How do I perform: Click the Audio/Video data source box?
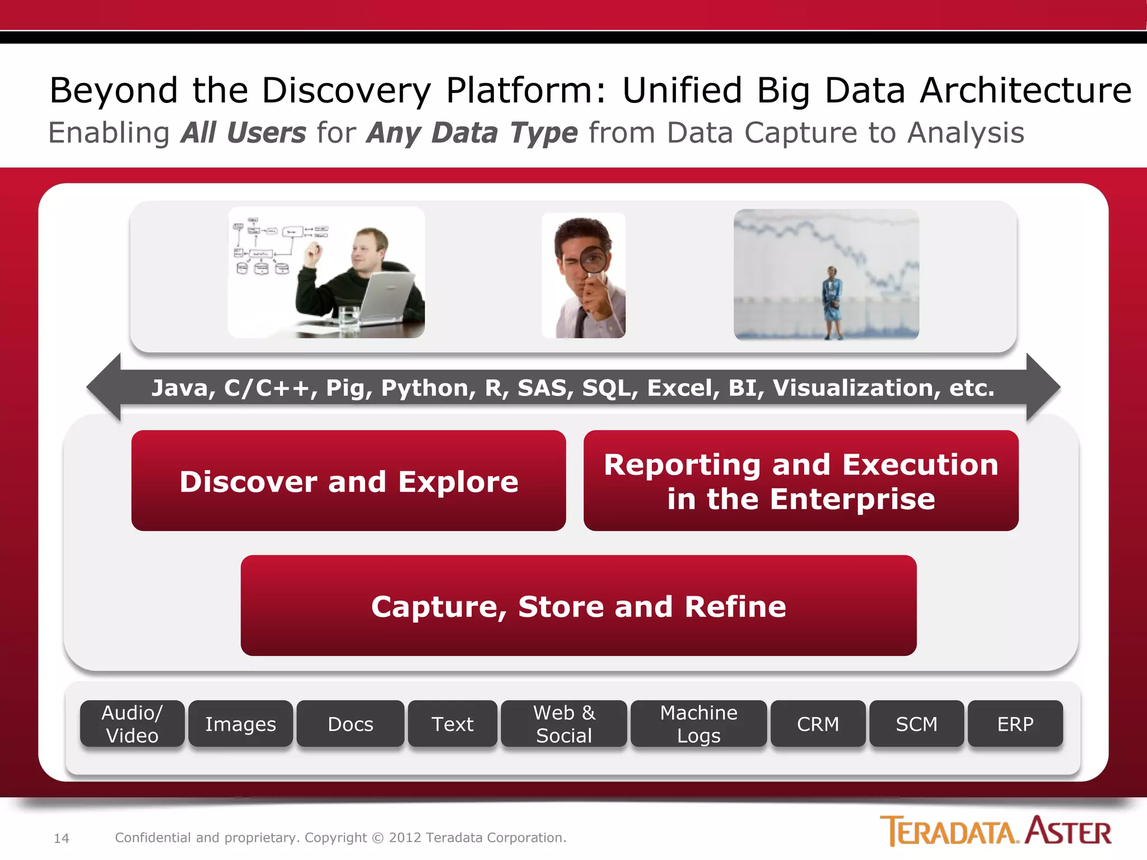pyautogui.click(x=132, y=723)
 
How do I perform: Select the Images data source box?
pyautogui.click(x=241, y=723)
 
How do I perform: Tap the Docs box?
pyautogui.click(x=351, y=723)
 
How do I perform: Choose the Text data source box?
pyautogui.click(x=453, y=723)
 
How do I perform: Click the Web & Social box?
pyautogui.click(x=564, y=723)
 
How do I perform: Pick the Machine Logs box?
pyautogui.click(x=698, y=723)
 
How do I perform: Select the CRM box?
pyautogui.click(x=818, y=723)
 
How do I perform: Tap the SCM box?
pyautogui.click(x=916, y=723)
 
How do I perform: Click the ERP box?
pyautogui.click(x=1015, y=723)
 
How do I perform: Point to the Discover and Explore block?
pyautogui.click(x=348, y=480)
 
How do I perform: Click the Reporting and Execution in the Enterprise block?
pyautogui.click(x=801, y=480)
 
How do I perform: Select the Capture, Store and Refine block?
pyautogui.click(x=579, y=605)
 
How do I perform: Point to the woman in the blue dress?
pyautogui.click(x=832, y=302)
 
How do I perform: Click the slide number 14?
pyautogui.click(x=62, y=838)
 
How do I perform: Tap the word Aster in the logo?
pyautogui.click(x=1069, y=831)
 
